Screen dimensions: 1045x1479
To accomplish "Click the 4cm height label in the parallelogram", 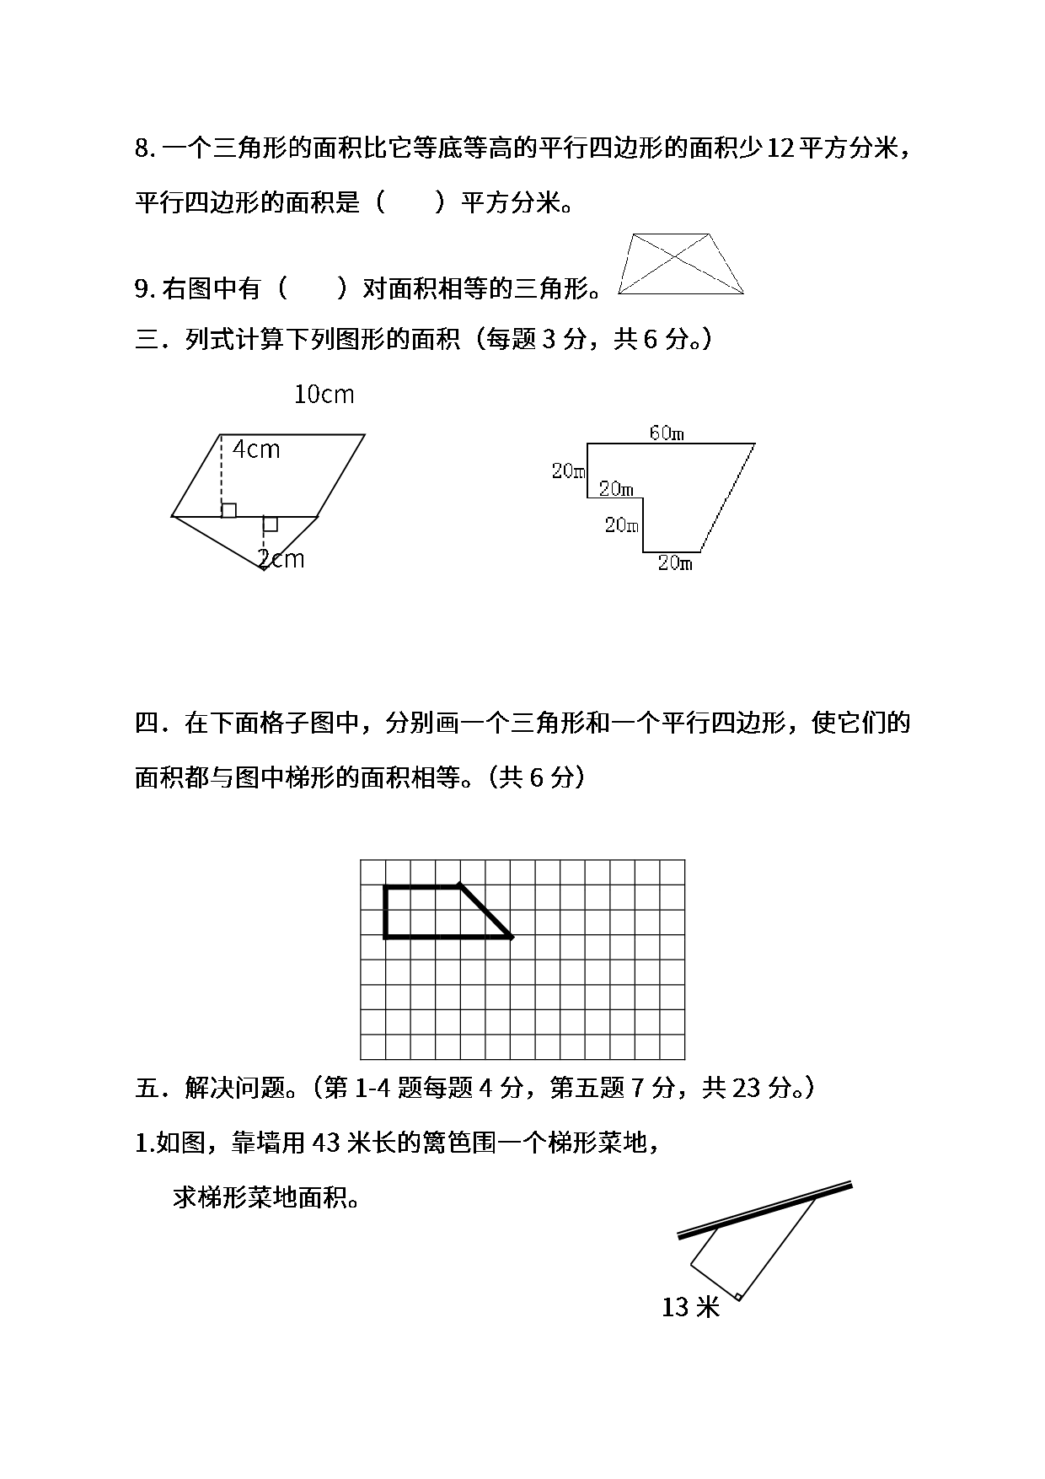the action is [x=256, y=450].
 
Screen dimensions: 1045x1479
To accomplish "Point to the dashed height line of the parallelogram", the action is [x=221, y=472].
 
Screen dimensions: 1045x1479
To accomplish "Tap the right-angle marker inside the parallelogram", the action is [x=228, y=509].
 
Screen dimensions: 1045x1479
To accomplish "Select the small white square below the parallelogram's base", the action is [x=270, y=524].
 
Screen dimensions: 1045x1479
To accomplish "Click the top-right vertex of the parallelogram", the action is [x=362, y=436].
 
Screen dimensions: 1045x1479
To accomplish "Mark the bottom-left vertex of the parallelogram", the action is [x=174, y=514].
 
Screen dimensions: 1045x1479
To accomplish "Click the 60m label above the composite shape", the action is [x=666, y=433].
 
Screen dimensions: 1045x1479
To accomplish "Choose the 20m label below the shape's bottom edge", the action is [x=675, y=563].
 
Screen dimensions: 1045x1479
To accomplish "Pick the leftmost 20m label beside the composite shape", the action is [x=568, y=471].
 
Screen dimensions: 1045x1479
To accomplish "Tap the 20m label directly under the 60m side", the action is [x=616, y=488].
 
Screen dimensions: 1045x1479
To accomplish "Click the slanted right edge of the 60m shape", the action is [x=727, y=497].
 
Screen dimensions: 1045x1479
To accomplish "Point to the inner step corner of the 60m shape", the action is [x=643, y=497].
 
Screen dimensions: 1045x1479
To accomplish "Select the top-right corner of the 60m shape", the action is [x=755, y=443].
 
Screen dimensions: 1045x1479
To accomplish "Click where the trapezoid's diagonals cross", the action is [x=674, y=260].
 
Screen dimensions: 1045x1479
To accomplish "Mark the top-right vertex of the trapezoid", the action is [x=712, y=234].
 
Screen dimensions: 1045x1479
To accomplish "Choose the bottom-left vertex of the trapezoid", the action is [x=619, y=293].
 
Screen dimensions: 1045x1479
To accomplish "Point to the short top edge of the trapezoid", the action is [x=672, y=234].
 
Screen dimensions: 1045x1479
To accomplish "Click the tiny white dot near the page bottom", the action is [x=737, y=1297].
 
